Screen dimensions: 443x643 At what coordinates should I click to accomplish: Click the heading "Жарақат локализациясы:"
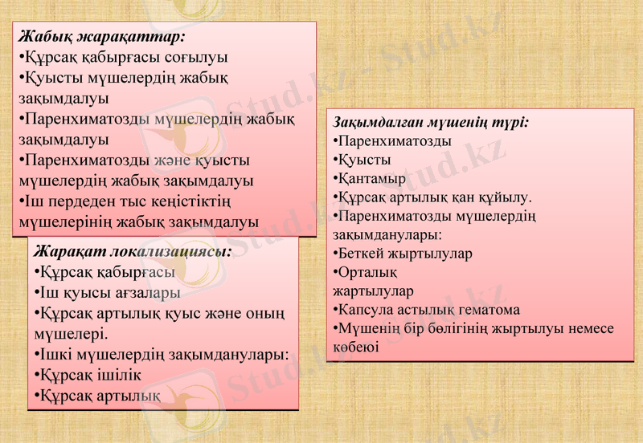coord(133,251)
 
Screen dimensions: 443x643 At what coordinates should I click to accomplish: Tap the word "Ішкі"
coord(55,354)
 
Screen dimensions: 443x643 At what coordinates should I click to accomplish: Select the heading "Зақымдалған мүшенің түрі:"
coord(431,123)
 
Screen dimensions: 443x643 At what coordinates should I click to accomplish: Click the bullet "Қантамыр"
coord(371,178)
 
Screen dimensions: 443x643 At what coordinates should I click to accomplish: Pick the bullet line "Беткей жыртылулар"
coord(403,254)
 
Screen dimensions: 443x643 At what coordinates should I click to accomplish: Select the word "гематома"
coord(489,310)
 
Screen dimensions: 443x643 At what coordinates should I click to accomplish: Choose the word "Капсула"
coord(362,310)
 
